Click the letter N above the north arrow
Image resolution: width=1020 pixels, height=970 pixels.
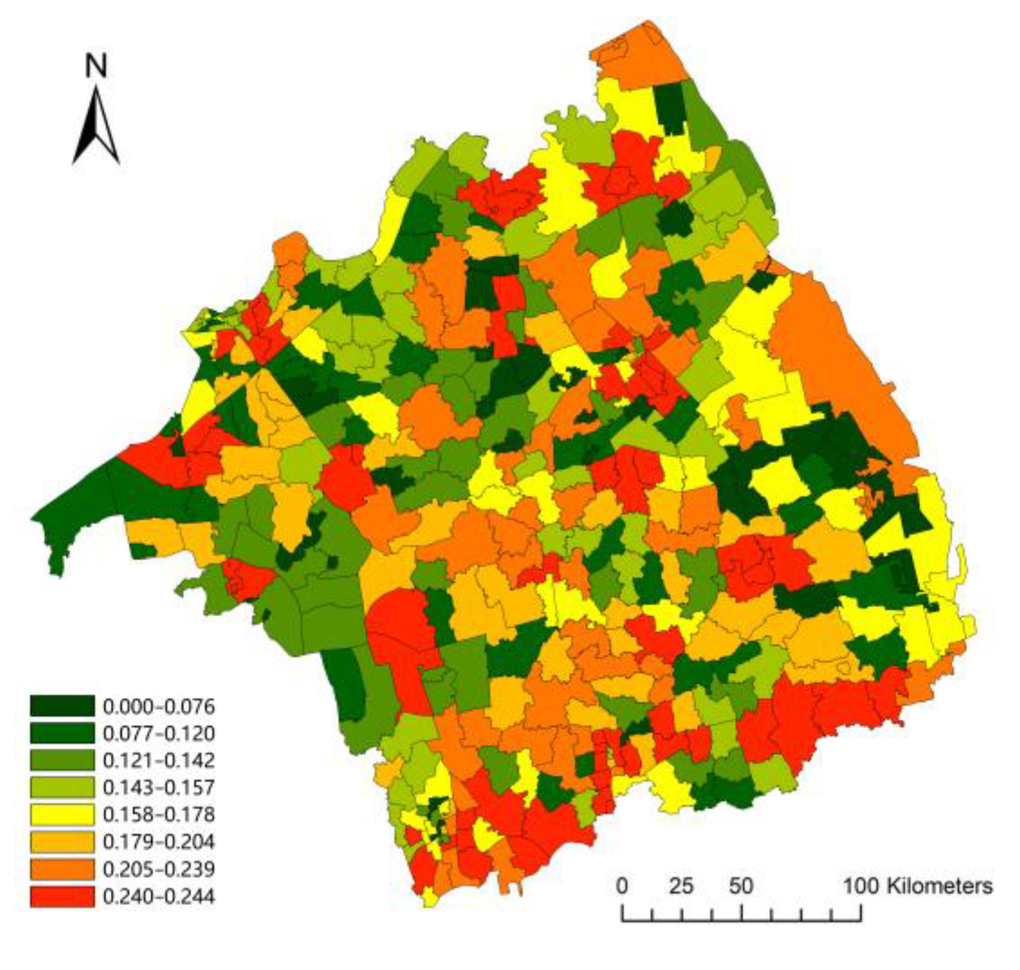(96, 65)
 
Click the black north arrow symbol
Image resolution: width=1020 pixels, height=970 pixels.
(96, 127)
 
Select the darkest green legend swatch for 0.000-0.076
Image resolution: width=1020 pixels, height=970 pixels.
(62, 706)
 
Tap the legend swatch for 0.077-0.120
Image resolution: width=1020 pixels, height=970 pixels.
(62, 733)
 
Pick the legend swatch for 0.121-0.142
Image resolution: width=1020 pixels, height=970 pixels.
(62, 760)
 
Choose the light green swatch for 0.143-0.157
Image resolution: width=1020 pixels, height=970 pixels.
(62, 787)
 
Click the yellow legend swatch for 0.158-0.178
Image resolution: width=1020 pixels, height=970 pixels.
(62, 814)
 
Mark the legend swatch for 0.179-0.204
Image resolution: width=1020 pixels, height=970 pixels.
(62, 841)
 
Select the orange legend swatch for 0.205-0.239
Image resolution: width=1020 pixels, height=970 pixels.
(62, 869)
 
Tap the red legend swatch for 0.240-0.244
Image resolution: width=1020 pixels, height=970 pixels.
(62, 896)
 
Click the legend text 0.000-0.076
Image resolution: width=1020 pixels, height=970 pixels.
(159, 706)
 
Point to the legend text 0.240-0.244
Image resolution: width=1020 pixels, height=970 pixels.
(159, 897)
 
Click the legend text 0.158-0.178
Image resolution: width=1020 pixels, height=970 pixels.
(159, 815)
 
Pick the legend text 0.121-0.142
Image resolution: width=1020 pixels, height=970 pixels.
(159, 760)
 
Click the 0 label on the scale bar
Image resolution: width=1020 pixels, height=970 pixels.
(622, 886)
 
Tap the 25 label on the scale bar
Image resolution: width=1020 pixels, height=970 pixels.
(681, 886)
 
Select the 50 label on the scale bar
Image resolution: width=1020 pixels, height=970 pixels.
(741, 886)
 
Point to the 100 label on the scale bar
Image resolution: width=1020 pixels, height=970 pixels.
(861, 886)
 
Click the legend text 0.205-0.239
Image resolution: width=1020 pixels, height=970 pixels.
(159, 869)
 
